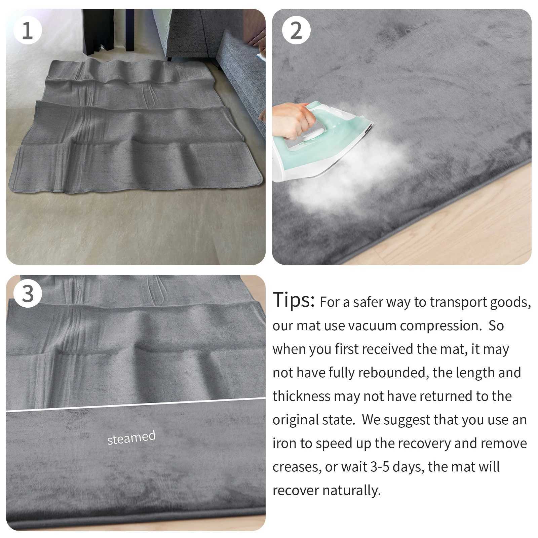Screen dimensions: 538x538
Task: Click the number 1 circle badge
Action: coord(28,31)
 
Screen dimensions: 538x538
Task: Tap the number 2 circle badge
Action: coord(296,31)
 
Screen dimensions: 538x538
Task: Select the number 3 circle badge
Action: coord(28,294)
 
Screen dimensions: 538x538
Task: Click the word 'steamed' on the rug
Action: coord(131,437)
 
